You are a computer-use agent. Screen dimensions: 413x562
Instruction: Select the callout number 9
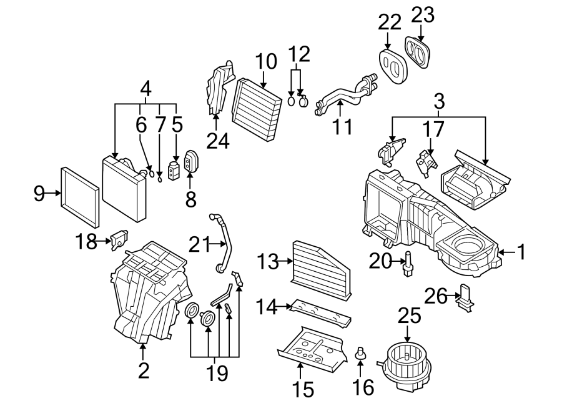pyautogui.click(x=39, y=194)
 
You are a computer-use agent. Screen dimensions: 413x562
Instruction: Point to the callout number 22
pyautogui.click(x=388, y=22)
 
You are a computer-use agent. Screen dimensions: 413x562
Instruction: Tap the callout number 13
pyautogui.click(x=269, y=262)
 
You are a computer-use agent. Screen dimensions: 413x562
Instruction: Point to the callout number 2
pyautogui.click(x=144, y=371)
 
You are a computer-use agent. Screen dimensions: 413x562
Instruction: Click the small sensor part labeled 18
pyautogui.click(x=118, y=238)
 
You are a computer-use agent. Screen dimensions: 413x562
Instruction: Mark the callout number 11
pyautogui.click(x=342, y=127)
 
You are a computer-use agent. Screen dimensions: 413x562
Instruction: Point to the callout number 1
pyautogui.click(x=521, y=252)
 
